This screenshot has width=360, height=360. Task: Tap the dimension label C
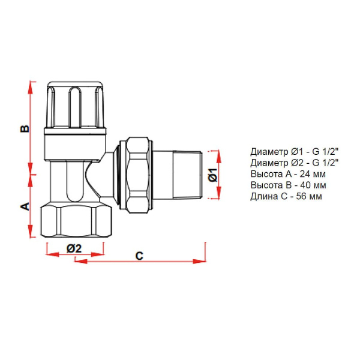tap(139, 256)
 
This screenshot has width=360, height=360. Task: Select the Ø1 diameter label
tap(212, 175)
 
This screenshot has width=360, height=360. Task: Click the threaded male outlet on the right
tap(185, 173)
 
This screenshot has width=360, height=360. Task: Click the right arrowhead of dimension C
tap(200, 261)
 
